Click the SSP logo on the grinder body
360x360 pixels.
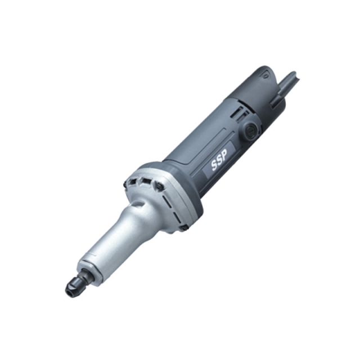[x=219, y=159]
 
